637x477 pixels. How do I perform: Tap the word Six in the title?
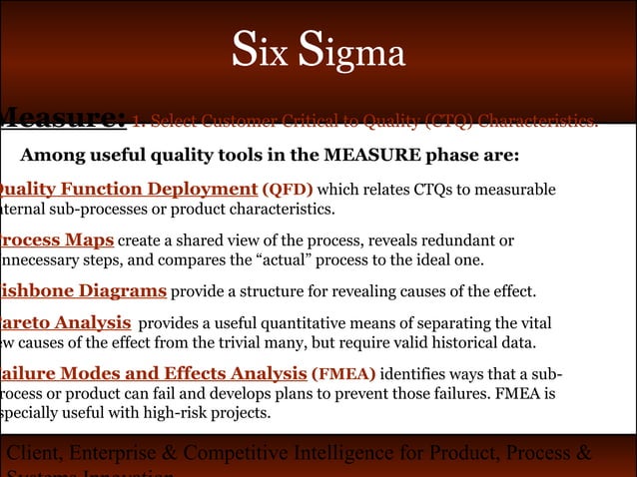[x=261, y=53]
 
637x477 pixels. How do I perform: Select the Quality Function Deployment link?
[x=128, y=189]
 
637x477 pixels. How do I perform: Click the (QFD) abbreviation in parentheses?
[x=288, y=190]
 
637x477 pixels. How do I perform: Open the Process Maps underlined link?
[x=56, y=240]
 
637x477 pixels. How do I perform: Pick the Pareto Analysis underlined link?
[x=66, y=323]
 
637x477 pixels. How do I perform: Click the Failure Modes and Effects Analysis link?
[x=153, y=373]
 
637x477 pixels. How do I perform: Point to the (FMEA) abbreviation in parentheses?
[x=344, y=374]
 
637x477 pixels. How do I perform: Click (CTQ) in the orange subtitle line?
[x=449, y=123]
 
